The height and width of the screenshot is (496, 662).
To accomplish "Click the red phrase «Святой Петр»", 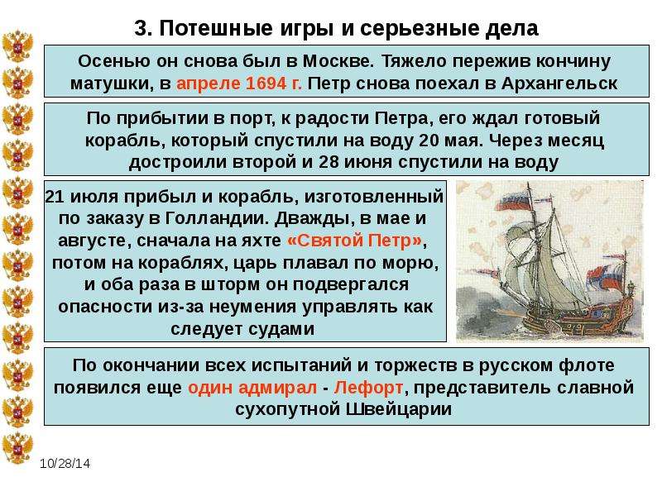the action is click(355, 241).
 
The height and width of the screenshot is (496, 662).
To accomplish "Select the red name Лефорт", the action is click(368, 387).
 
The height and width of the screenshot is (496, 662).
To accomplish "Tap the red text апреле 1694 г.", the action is click(239, 83).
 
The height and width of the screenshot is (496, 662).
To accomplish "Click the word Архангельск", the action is click(559, 83).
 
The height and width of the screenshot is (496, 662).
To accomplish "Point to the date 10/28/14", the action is click(65, 464).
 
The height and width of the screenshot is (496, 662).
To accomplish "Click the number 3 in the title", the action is click(142, 29).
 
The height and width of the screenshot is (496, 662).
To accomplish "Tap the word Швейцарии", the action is click(399, 409).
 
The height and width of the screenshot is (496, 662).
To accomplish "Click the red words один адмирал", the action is click(252, 387).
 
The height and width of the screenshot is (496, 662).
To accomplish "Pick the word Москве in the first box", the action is click(338, 61).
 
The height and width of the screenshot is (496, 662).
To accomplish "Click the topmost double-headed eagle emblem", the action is click(17, 46).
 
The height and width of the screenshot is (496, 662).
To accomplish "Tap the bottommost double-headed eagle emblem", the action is click(17, 447).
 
